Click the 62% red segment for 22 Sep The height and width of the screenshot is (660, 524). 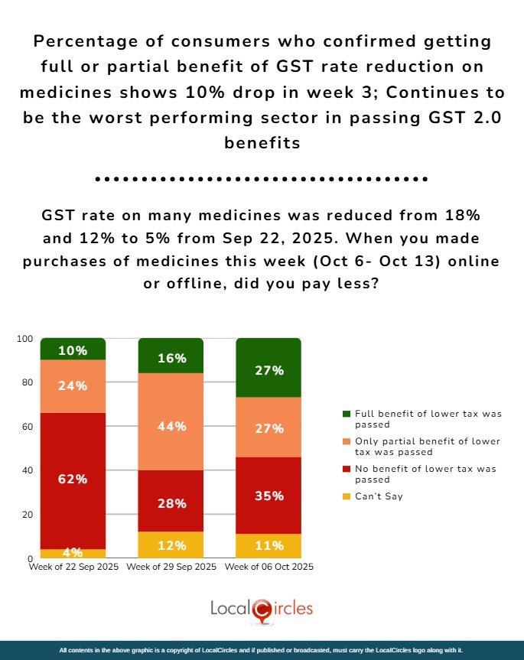tap(73, 480)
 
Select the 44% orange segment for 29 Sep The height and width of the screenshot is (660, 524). tap(171, 426)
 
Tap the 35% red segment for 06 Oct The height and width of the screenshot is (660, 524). tap(269, 496)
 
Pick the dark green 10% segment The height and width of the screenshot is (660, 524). tap(73, 350)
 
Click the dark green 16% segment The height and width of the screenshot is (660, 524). tap(171, 356)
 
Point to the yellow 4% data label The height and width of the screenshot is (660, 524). tap(73, 552)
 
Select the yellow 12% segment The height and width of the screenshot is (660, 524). tap(171, 545)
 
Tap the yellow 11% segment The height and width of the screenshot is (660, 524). tap(269, 546)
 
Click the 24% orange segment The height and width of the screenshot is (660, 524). tap(73, 386)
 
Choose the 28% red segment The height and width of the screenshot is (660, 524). tap(171, 503)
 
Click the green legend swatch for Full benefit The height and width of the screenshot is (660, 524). tap(347, 414)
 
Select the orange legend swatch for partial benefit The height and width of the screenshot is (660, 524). tap(347, 442)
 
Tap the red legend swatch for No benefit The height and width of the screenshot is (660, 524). tap(347, 470)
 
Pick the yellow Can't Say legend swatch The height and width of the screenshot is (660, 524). tap(347, 496)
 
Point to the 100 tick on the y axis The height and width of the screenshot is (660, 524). tap(25, 339)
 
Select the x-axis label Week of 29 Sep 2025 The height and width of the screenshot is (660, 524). tap(171, 567)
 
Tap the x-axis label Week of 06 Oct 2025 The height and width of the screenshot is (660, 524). tap(269, 567)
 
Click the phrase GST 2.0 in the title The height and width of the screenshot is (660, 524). tap(470, 119)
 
